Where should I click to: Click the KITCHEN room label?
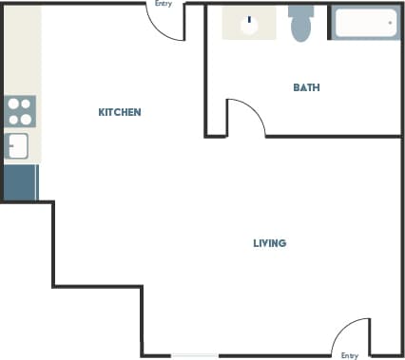point(120,112)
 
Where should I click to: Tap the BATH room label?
point(306,87)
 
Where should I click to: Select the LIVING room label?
point(269,243)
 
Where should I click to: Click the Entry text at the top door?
point(163,4)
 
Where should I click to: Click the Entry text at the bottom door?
point(350,355)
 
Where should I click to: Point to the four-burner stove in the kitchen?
point(20,111)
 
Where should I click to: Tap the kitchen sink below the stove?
point(18,145)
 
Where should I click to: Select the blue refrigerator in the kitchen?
point(20,181)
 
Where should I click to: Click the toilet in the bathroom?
point(300,23)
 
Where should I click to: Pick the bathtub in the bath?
point(365,23)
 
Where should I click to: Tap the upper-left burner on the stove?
point(13,104)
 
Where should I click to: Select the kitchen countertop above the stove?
point(20,52)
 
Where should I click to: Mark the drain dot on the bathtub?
point(390,22)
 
